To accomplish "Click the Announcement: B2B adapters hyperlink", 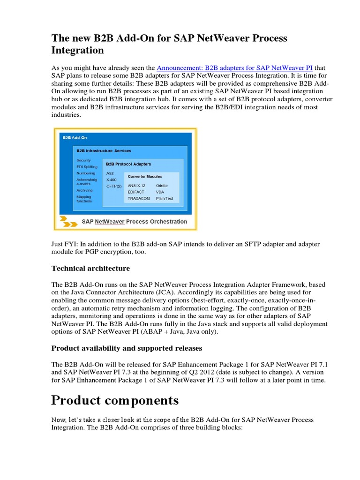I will (234, 67).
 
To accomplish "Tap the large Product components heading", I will (115, 400).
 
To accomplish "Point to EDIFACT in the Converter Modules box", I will (136, 192).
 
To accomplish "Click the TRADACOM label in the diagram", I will (138, 199).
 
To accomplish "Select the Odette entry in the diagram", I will (162, 186).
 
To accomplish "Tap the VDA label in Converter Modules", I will (161, 192).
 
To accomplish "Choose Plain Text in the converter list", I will (165, 199).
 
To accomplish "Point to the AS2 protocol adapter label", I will (111, 173).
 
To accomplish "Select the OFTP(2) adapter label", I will (114, 186).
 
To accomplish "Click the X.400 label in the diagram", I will (112, 180).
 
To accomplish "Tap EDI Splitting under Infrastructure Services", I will (87, 167).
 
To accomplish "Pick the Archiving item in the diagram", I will (85, 191).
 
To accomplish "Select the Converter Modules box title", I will (145, 177).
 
